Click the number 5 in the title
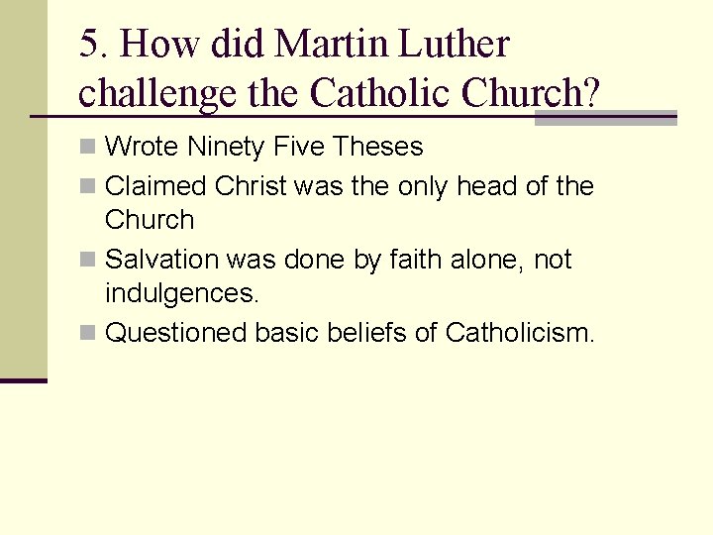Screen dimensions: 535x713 tap(89, 45)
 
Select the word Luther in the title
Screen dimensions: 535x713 tap(457, 45)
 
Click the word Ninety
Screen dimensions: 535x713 tap(227, 148)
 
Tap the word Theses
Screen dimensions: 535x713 tap(378, 148)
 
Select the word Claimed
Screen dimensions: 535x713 tap(155, 185)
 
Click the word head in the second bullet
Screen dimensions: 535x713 tap(486, 185)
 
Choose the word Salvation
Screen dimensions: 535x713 tap(161, 260)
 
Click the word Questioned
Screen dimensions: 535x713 tap(176, 333)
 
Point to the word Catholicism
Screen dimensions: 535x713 tap(519, 333)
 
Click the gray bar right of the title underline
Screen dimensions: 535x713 tap(605, 118)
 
